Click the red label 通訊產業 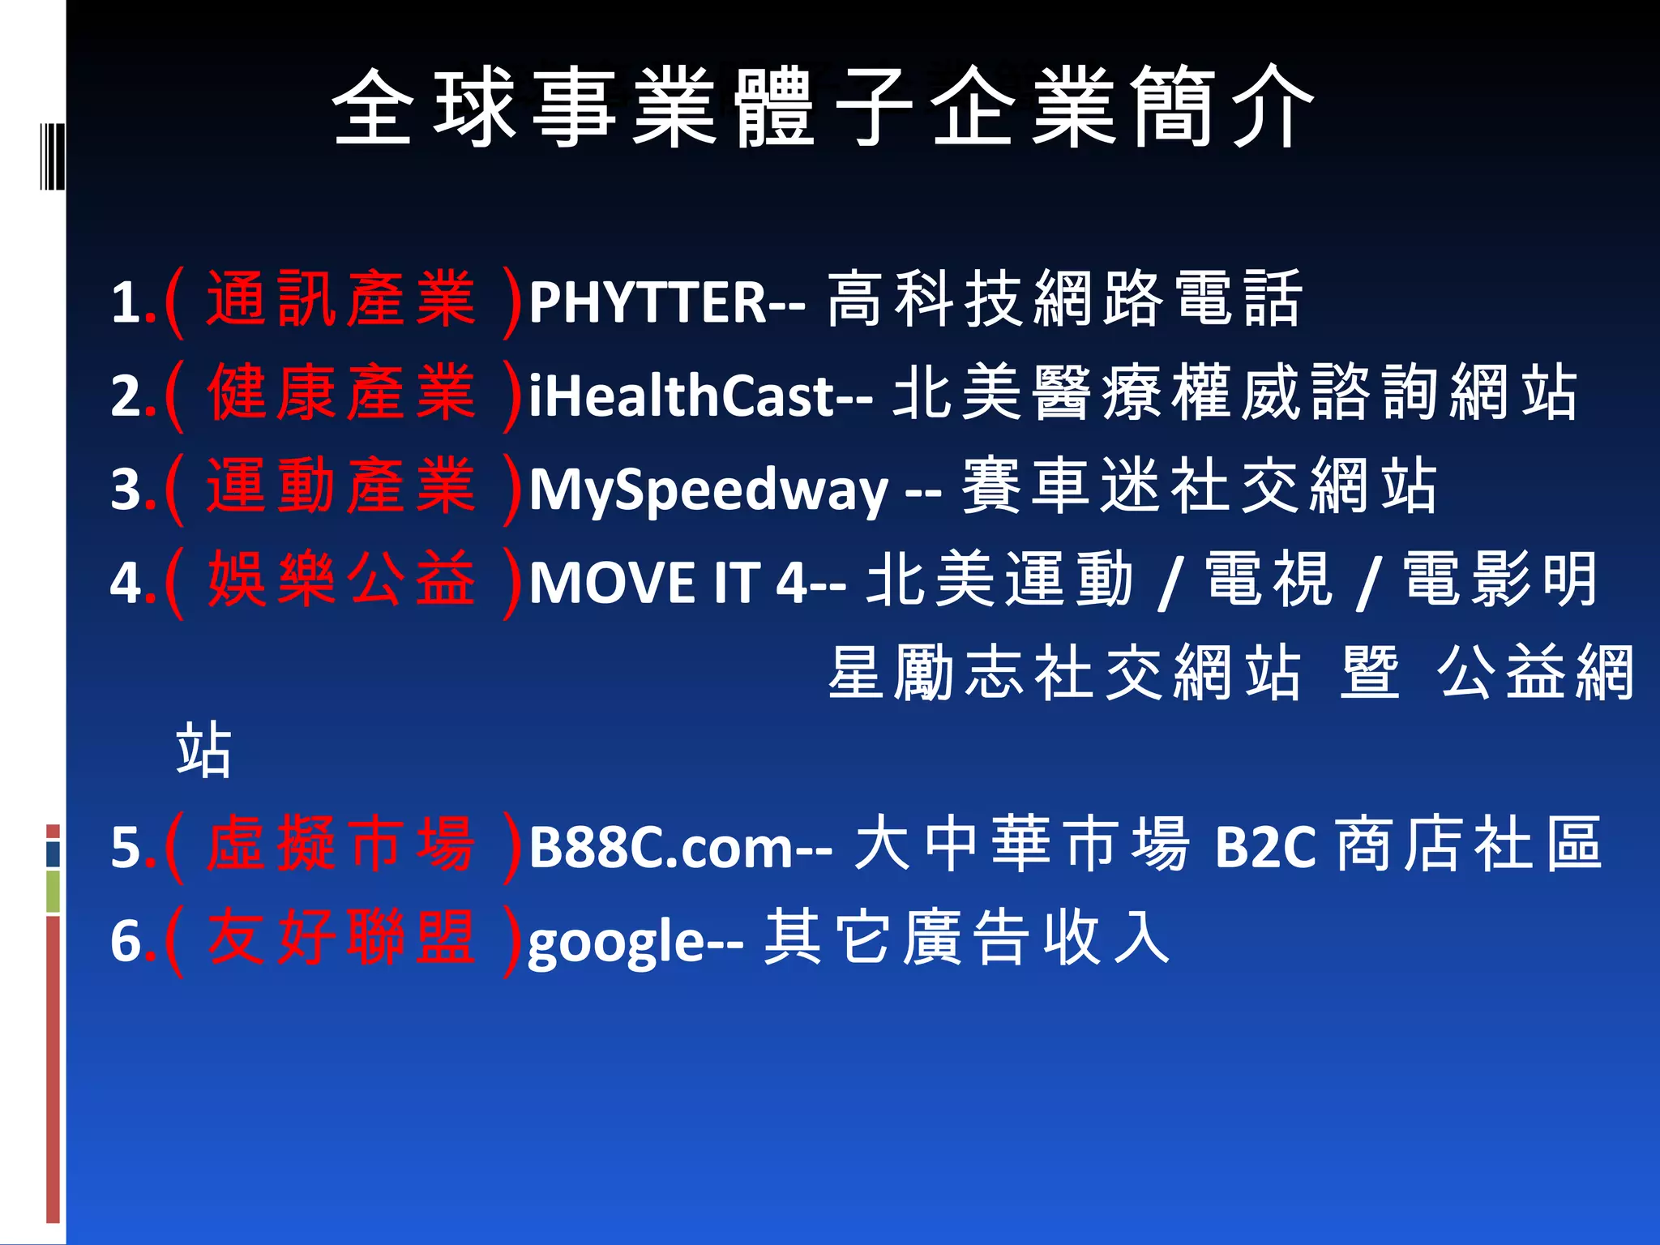click(340, 301)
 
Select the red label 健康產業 click(340, 395)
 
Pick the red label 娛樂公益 click(340, 581)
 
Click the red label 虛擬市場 click(340, 846)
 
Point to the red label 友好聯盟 click(340, 939)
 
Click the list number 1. click(127, 303)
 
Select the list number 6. click(127, 942)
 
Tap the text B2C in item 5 click(1264, 848)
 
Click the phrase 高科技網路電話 click(1063, 301)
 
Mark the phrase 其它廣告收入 click(967, 939)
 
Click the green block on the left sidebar click(53, 892)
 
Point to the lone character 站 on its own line click(203, 751)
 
